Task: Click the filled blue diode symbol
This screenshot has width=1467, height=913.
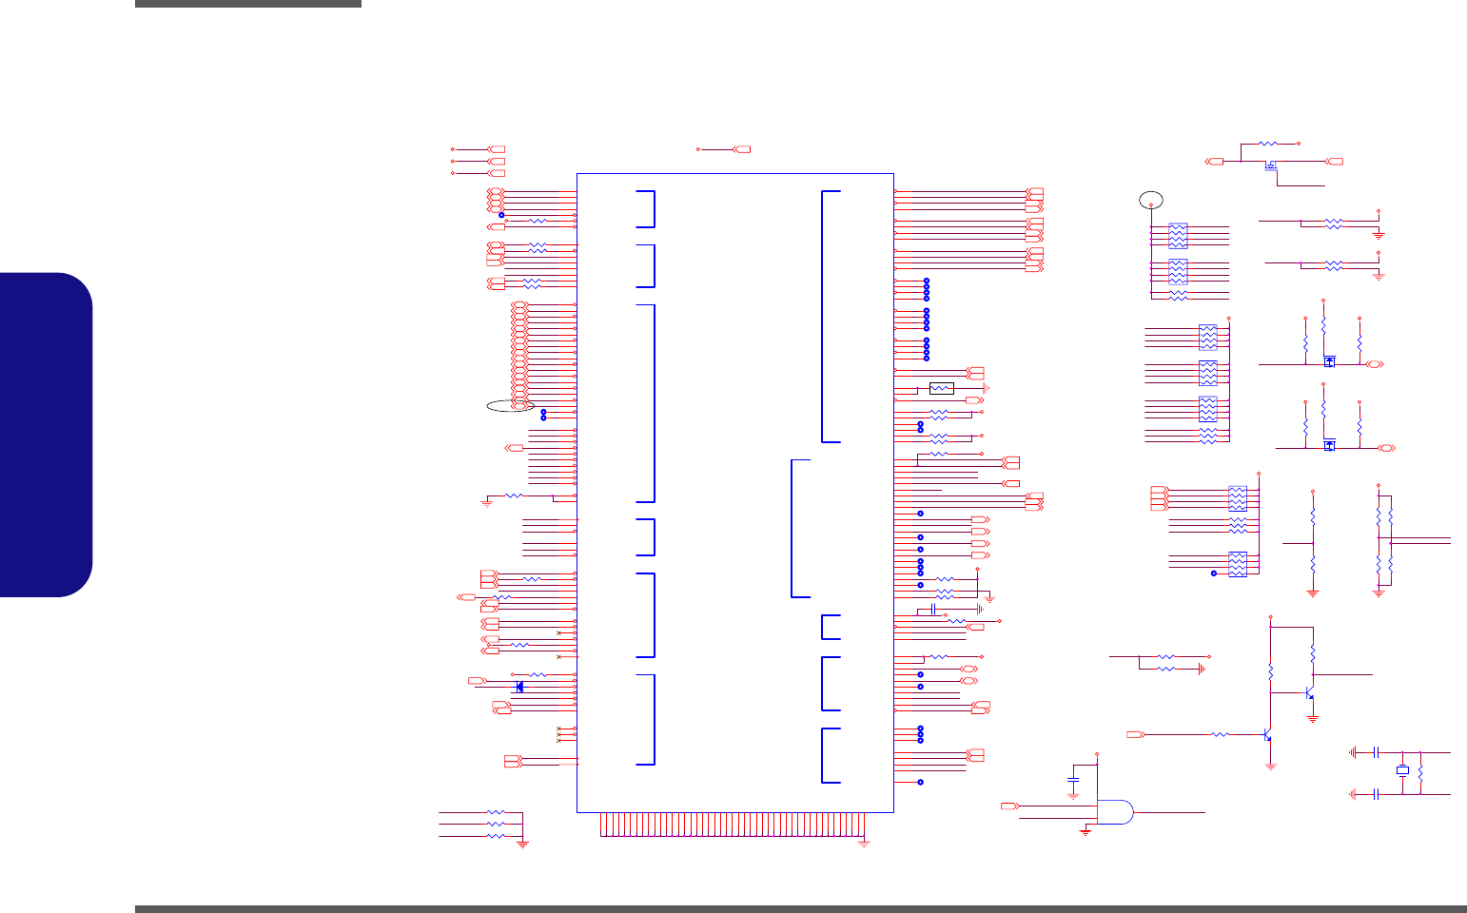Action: (x=518, y=687)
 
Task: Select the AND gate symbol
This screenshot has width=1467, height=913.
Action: (x=1115, y=812)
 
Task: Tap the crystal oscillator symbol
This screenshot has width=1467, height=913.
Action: (x=1401, y=770)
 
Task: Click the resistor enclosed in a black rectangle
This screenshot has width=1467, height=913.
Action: (x=941, y=388)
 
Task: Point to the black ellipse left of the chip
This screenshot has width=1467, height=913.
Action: (x=510, y=406)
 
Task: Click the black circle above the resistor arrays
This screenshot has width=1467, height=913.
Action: (x=1151, y=200)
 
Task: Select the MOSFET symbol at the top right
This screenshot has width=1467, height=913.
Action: (x=1270, y=166)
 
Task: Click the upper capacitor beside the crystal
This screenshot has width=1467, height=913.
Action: (x=1377, y=752)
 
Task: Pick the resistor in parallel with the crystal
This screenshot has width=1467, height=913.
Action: (x=1420, y=772)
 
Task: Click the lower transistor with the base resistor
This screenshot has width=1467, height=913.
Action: (x=1268, y=735)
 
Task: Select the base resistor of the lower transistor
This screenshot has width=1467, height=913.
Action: (x=1220, y=734)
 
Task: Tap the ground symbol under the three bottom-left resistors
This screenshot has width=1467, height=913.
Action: (x=522, y=843)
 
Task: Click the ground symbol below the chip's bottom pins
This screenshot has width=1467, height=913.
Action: (x=864, y=843)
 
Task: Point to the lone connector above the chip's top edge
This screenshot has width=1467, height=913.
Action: (x=741, y=149)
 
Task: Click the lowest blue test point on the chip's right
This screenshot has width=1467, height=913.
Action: (x=920, y=782)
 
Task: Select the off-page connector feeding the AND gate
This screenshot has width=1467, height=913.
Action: (x=1009, y=806)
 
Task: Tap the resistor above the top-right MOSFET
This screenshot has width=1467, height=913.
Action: (x=1268, y=143)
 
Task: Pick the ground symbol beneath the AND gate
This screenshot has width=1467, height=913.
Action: (x=1085, y=832)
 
